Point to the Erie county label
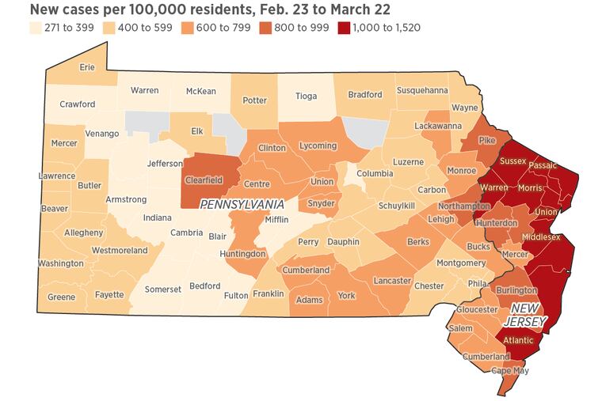pyautogui.click(x=87, y=67)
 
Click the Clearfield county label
pyautogui.click(x=204, y=180)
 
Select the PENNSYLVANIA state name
pyautogui.click(x=242, y=204)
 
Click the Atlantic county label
pyautogui.click(x=520, y=341)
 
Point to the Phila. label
pyautogui.click(x=478, y=283)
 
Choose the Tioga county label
pyautogui.click(x=306, y=96)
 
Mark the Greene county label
pyautogui.click(x=61, y=297)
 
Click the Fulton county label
pyautogui.click(x=236, y=296)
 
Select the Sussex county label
pyautogui.click(x=513, y=161)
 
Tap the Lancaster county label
pyautogui.click(x=392, y=281)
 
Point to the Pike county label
pyautogui.click(x=487, y=140)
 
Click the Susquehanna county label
pyautogui.click(x=422, y=90)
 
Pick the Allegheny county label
pyautogui.click(x=61, y=233)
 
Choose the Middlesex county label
pyautogui.click(x=541, y=236)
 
